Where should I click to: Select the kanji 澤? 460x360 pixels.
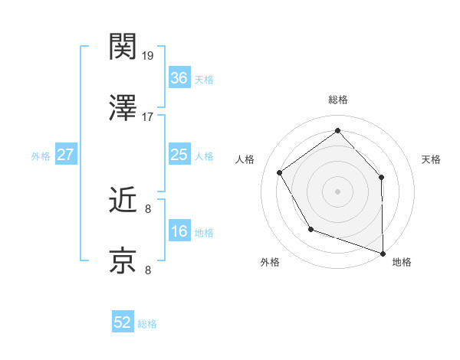[x=124, y=109]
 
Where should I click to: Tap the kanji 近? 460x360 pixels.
[x=124, y=200]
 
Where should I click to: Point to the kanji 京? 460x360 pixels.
[x=124, y=261]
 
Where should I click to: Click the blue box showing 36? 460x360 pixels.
[x=179, y=78]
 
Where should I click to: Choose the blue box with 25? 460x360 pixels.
[x=179, y=155]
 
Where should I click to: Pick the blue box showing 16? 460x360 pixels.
[x=179, y=232]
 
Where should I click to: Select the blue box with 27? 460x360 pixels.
[x=66, y=155]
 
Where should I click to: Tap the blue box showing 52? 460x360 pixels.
[x=123, y=323]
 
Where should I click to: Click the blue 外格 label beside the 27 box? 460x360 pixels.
[x=41, y=156]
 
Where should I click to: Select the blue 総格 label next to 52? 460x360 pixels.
[x=147, y=324]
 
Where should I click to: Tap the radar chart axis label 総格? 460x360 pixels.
[x=337, y=100]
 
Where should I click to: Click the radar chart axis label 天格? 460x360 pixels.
[x=432, y=159]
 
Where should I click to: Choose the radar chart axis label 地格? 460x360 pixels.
[x=402, y=263]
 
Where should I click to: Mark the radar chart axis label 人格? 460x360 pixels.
[x=245, y=159]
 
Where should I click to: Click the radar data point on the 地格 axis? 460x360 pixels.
[x=383, y=252]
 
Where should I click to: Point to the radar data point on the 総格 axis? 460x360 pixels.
[x=337, y=130]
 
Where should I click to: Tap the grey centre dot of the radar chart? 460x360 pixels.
[x=337, y=191]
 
